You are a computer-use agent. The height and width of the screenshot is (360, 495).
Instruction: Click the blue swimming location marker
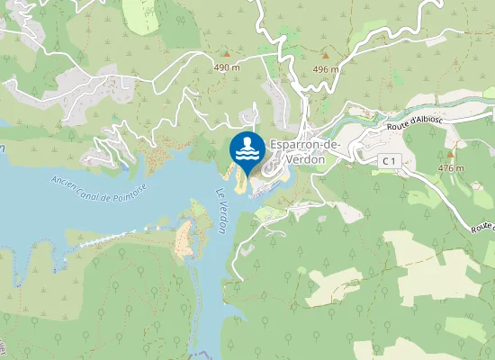pos(247,151)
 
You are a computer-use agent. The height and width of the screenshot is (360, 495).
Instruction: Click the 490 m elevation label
pos(226,67)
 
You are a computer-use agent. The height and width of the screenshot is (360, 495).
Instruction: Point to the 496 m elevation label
pos(325,68)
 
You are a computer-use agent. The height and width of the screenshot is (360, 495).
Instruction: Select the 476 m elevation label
pos(450,167)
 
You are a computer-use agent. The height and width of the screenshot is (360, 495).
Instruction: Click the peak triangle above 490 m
pos(226,55)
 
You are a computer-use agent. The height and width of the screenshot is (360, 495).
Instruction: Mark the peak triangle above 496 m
pos(325,56)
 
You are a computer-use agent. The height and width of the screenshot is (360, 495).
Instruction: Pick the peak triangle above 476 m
pos(450,155)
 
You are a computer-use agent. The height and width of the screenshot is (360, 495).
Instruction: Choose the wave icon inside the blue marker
pos(247,154)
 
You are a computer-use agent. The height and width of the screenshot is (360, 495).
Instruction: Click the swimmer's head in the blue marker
pos(247,140)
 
